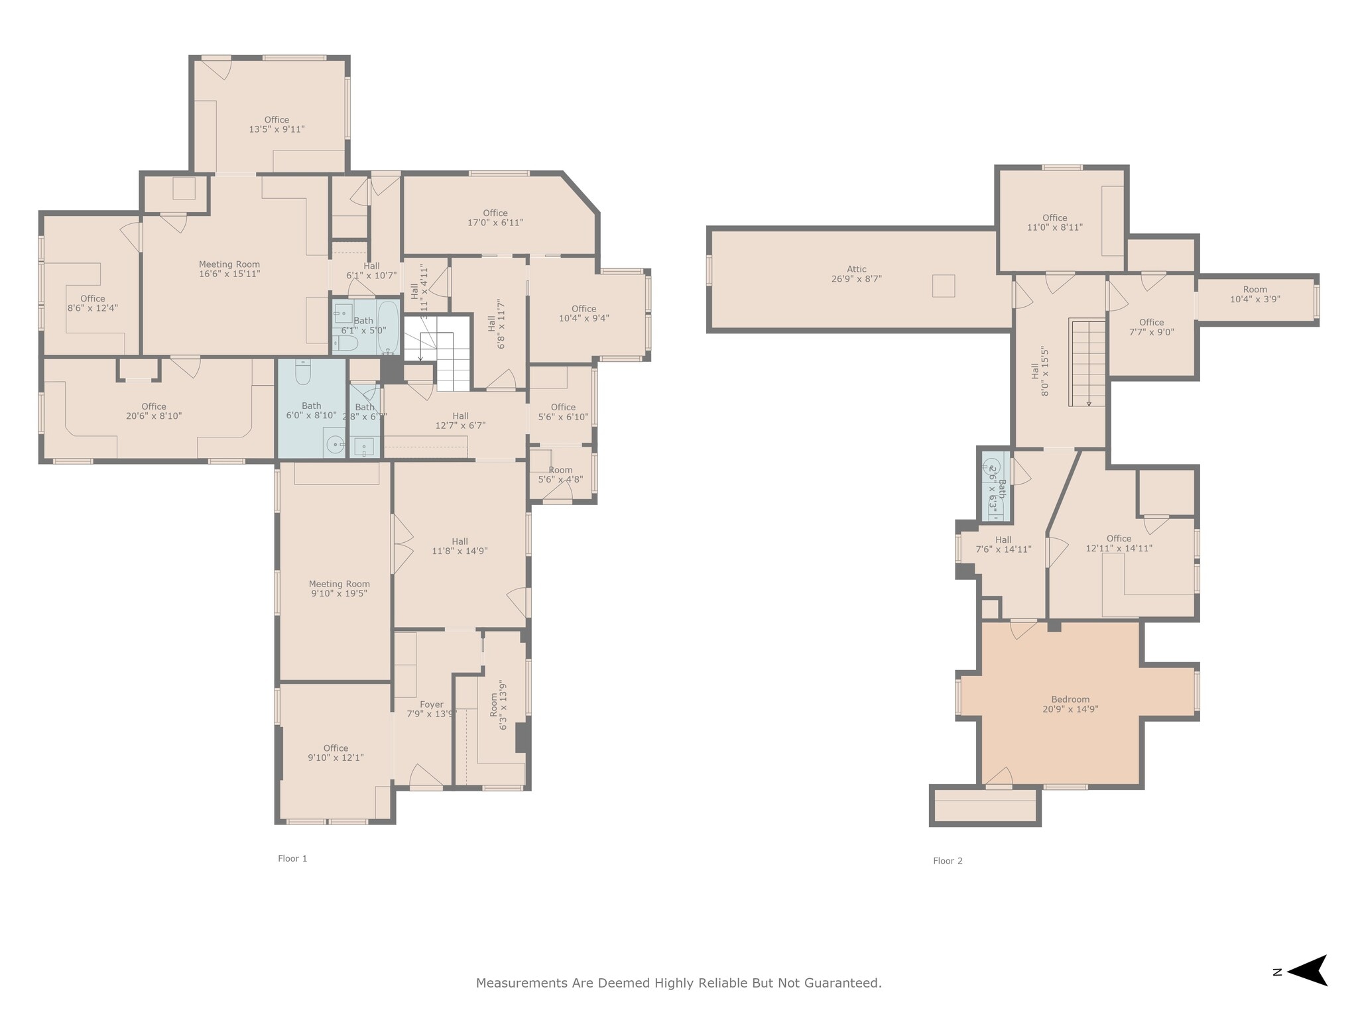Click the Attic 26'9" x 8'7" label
856,274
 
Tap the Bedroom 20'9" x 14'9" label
1070,704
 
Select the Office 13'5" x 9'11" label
277,125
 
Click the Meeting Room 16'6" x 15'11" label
229,269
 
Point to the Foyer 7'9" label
431,709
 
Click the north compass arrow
1308,972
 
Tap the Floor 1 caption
292,858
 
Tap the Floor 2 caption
948,861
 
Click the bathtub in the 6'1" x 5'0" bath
388,327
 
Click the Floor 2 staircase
1087,363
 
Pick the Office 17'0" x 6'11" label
495,218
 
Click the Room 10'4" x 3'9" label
1255,294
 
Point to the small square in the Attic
943,286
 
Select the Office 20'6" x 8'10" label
153,411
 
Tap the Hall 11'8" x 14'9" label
460,546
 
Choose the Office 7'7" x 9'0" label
1151,327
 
